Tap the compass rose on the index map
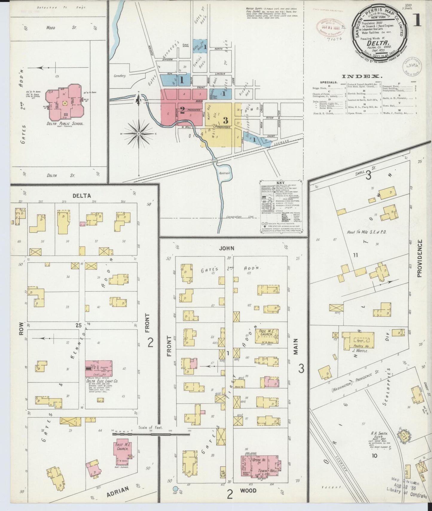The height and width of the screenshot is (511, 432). (139, 134)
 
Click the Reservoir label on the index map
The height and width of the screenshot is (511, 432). (224, 173)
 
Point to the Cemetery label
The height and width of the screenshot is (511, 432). (120, 76)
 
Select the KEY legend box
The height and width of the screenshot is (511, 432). (281, 207)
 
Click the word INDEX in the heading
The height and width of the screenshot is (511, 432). (362, 77)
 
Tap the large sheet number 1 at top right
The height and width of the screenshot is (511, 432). (418, 21)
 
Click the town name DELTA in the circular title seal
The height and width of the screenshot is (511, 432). (375, 43)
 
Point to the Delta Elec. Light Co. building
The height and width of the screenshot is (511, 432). (99, 368)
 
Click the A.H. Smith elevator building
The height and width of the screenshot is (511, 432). (404, 437)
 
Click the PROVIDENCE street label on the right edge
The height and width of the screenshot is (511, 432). (420, 258)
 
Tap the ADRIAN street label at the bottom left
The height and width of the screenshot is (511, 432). (118, 491)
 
